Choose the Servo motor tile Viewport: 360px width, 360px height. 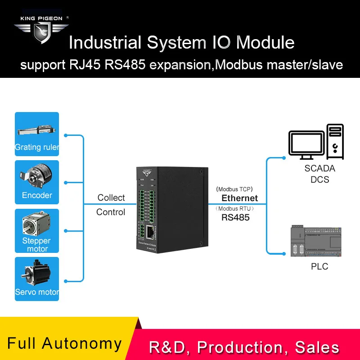coord(37,279)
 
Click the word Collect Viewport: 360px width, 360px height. coord(111,198)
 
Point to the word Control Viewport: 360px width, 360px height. coord(111,212)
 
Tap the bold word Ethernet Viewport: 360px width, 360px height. coord(239,198)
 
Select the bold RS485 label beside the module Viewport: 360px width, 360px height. coord(235,217)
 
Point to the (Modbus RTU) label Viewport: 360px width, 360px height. coord(235,208)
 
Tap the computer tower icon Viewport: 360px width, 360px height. coord(336,141)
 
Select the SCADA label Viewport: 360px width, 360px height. coord(319,169)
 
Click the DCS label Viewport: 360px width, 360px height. coord(319,180)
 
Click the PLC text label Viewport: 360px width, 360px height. coord(319,266)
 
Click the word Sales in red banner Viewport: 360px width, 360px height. coord(317,347)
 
